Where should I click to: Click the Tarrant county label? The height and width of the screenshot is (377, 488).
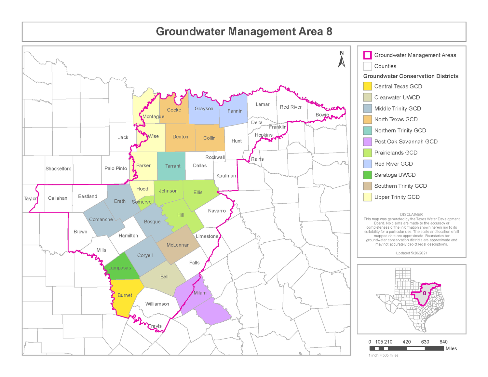[173, 166]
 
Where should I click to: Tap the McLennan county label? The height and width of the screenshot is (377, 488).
[178, 245]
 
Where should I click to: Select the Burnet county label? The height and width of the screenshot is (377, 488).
[125, 295]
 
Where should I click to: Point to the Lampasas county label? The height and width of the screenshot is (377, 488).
[120, 268]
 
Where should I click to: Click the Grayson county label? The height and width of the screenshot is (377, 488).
[204, 109]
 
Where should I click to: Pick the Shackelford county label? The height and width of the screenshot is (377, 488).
[59, 168]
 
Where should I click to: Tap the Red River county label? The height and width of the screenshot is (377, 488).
[291, 107]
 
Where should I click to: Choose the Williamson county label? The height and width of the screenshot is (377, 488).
[157, 304]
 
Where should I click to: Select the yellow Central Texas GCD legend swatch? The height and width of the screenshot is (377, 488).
[367, 87]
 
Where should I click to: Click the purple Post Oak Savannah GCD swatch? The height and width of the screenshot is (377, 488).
[367, 142]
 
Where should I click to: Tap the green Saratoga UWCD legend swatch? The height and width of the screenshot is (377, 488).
[367, 175]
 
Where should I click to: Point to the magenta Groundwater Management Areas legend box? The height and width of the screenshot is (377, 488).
[367, 55]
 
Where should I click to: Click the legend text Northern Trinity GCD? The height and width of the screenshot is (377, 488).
[400, 131]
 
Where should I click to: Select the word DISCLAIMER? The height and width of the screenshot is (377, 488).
[412, 215]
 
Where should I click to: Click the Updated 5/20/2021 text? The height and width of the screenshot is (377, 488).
[412, 253]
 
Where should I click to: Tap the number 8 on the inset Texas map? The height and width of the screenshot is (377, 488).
[425, 293]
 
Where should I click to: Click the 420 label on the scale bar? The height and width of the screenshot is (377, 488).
[407, 342]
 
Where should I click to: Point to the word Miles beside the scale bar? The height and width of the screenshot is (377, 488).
[451, 349]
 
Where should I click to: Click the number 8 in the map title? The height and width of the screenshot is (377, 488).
[329, 32]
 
